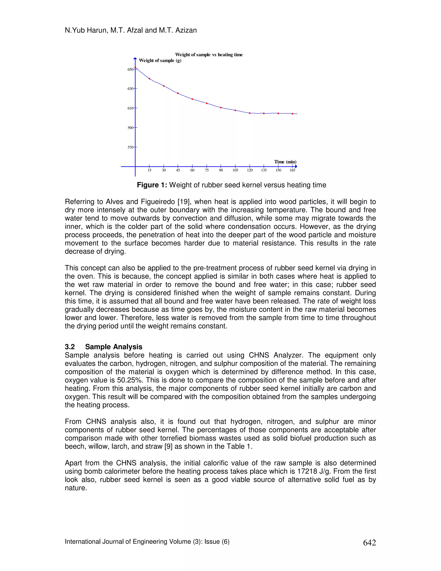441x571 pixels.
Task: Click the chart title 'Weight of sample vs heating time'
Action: click(209, 55)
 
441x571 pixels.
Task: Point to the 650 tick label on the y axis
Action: click(130, 69)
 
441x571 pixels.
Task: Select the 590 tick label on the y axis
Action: click(130, 128)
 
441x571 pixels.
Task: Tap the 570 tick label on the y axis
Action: click(130, 147)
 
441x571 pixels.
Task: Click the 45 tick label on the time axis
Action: click(178, 170)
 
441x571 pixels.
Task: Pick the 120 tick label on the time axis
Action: click(250, 170)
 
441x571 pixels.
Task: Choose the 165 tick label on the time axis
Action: click(292, 170)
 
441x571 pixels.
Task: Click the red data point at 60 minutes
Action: click(192, 99)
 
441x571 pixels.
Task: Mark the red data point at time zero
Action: click(135, 67)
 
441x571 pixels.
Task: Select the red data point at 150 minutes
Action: click(278, 114)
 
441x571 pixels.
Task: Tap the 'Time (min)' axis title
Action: click(285, 162)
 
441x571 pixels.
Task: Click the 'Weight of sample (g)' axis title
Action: click(160, 60)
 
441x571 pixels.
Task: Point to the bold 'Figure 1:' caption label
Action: click(152, 185)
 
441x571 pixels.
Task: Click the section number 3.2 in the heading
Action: click(70, 347)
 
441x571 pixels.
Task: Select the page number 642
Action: click(370, 543)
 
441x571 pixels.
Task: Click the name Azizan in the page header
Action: click(186, 30)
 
